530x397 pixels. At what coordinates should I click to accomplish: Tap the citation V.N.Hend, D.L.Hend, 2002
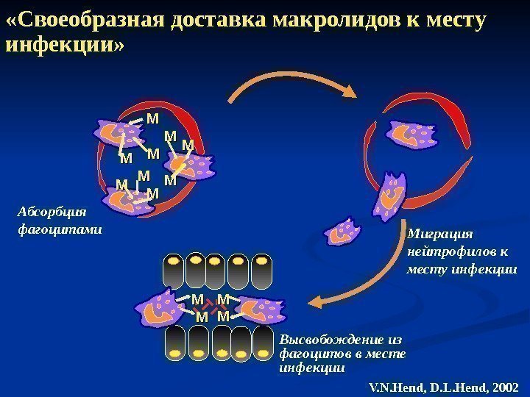click(443, 386)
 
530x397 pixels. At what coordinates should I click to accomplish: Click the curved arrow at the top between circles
click(294, 87)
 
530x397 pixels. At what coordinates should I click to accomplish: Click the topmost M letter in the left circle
click(153, 117)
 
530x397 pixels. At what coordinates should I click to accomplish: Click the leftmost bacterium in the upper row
click(174, 271)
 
